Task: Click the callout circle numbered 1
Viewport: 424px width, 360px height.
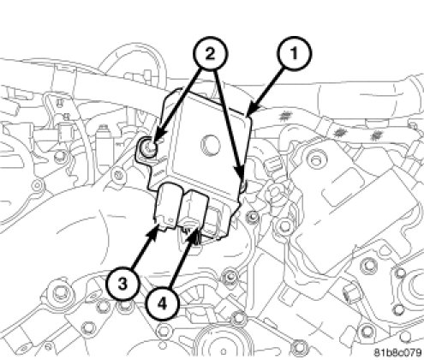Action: click(x=294, y=53)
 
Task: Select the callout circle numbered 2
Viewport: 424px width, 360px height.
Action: click(x=210, y=53)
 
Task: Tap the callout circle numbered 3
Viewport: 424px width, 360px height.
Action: click(x=122, y=284)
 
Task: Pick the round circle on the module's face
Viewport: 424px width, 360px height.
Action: click(x=211, y=143)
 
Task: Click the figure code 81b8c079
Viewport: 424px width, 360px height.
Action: click(x=397, y=351)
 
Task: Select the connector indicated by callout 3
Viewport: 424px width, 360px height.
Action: click(x=166, y=207)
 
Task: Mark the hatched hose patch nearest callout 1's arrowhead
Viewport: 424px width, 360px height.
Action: click(x=284, y=116)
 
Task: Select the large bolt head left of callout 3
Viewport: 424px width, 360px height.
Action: click(x=59, y=291)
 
